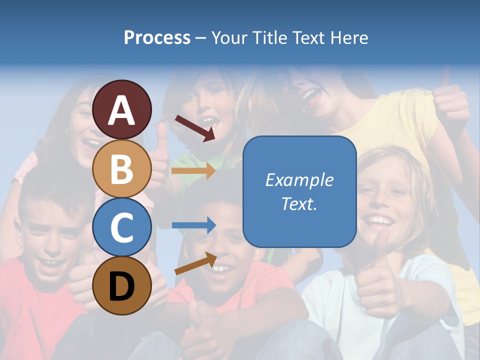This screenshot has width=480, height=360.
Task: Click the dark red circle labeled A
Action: pos(121,109)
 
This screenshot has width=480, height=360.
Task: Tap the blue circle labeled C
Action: pos(121,227)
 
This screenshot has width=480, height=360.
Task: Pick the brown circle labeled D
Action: pos(121,285)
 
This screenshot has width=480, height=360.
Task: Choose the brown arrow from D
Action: pos(195,263)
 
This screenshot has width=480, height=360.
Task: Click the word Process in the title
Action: pos(157,38)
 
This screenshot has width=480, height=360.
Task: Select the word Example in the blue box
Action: pos(299,180)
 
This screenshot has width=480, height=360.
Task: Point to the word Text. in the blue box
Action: pos(299,204)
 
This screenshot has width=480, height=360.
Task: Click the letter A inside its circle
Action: pos(121,110)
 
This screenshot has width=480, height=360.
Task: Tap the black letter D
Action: pos(121,286)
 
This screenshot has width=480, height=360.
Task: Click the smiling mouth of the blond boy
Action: pos(379,220)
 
